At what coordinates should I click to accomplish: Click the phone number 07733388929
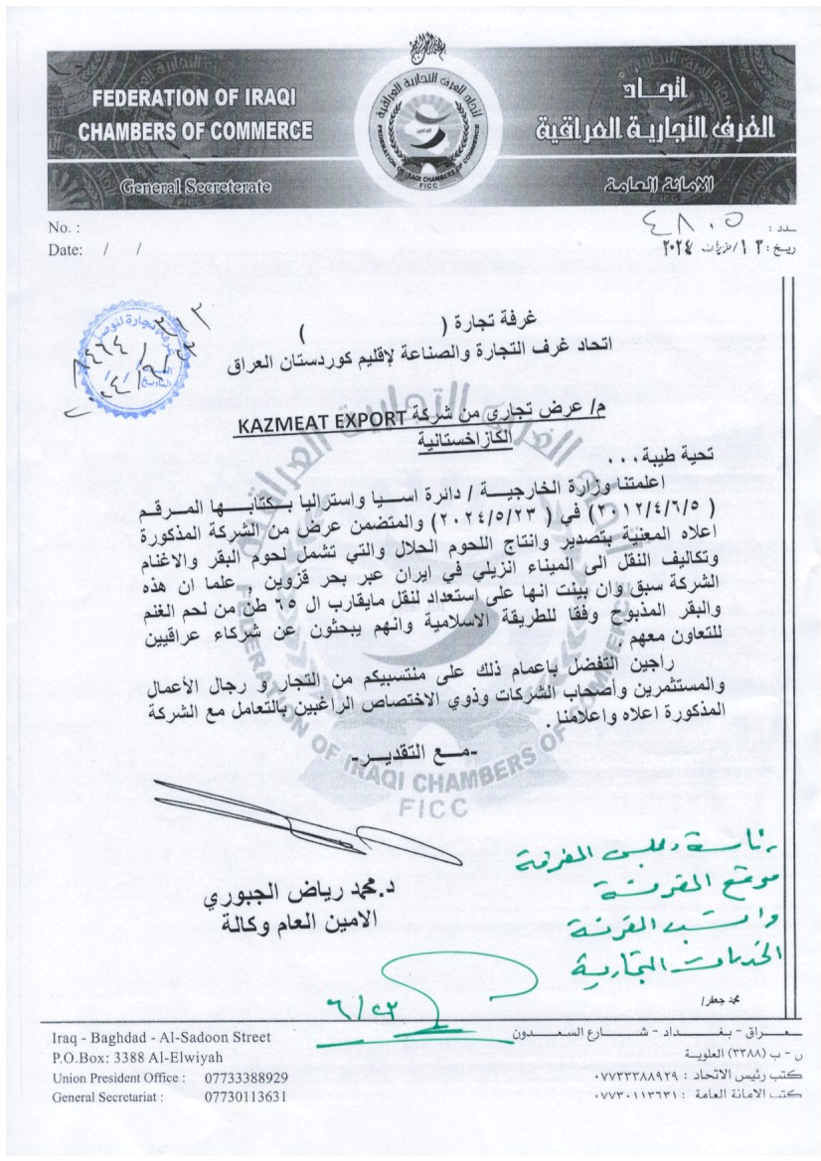[x=246, y=1077]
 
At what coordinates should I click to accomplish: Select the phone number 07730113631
[x=246, y=1096]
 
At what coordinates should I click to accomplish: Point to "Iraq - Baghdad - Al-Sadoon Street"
[x=160, y=1038]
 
